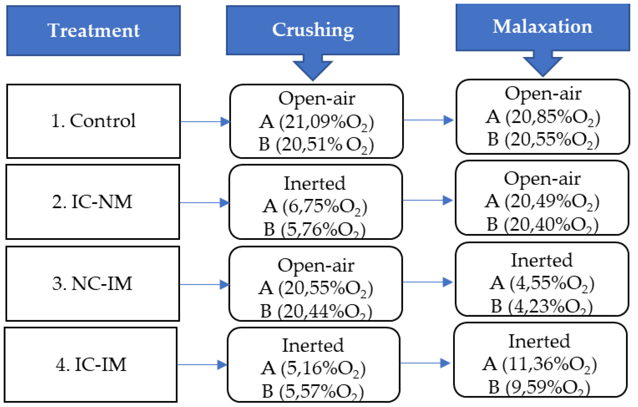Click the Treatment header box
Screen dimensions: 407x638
[94, 31]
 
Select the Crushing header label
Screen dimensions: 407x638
[313, 30]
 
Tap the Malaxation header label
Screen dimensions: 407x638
[542, 26]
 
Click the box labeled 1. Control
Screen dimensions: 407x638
[94, 121]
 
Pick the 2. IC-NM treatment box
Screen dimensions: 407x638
[93, 202]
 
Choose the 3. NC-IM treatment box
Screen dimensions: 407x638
[93, 284]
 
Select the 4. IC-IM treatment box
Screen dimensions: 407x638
[91, 365]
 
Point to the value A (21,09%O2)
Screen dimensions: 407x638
[316, 121]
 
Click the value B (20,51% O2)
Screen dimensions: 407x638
[316, 145]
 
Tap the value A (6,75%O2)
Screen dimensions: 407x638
[315, 206]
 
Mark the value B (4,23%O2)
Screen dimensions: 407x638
[542, 306]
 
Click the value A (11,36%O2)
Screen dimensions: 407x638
[539, 364]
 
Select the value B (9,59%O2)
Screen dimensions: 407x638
[539, 387]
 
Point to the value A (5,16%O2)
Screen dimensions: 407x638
[313, 368]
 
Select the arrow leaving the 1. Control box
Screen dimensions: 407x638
[205, 122]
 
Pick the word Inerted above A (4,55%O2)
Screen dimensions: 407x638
[542, 260]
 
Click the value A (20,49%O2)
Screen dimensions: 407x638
[542, 201]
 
